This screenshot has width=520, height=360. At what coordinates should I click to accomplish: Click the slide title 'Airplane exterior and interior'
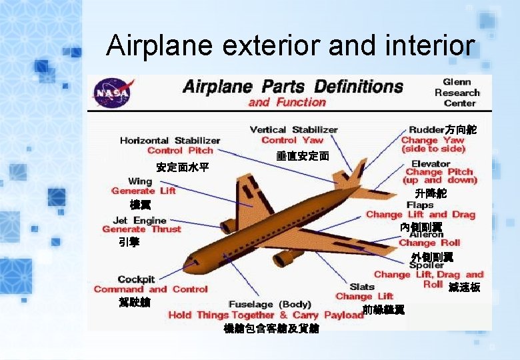point(290,46)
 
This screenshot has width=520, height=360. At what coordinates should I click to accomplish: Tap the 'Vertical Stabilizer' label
point(293,129)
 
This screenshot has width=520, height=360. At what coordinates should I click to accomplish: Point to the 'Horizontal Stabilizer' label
point(170,141)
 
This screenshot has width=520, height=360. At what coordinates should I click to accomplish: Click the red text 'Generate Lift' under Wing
point(143,191)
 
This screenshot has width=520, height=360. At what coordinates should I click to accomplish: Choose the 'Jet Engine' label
point(139,220)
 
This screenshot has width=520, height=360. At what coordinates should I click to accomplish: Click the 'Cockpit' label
point(136,279)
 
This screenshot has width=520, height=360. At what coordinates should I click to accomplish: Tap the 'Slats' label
point(362,287)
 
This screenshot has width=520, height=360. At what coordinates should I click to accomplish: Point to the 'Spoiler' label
point(426,265)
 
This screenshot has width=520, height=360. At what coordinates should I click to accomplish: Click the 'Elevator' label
point(431,163)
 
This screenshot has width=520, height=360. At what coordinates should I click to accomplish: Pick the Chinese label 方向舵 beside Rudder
point(461,129)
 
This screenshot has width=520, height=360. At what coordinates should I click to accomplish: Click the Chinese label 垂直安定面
point(302,156)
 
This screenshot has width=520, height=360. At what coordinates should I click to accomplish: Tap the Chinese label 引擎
point(129,243)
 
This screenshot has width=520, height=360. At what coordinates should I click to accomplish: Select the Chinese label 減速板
point(465,288)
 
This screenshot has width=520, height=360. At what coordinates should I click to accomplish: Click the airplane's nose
point(188,259)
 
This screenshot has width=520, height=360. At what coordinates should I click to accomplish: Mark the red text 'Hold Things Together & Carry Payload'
point(265,315)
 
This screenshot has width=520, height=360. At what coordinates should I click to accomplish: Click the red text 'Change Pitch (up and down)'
point(439,176)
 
